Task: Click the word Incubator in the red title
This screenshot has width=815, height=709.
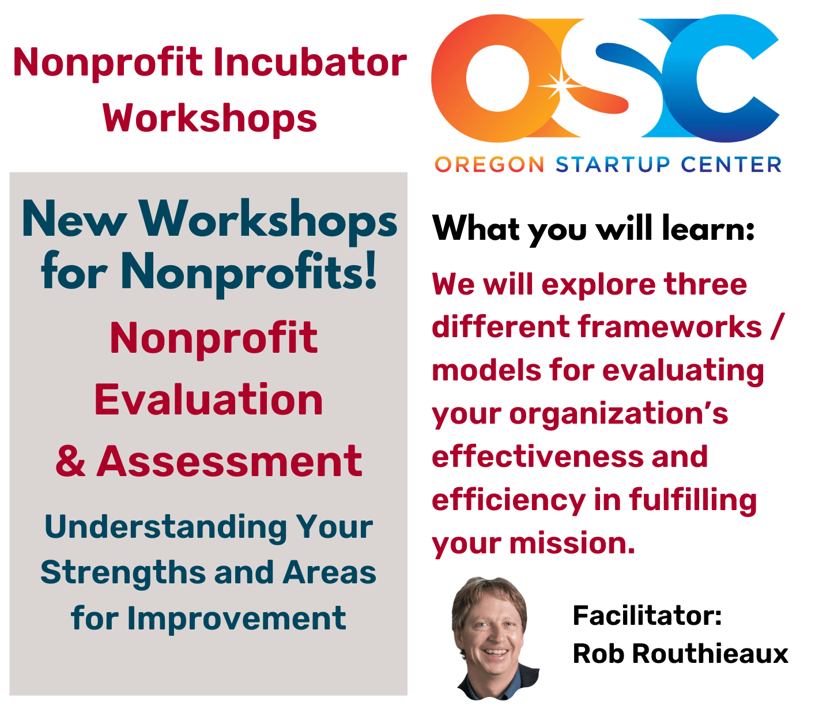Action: (x=310, y=62)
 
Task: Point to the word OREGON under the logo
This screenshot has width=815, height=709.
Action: (x=489, y=164)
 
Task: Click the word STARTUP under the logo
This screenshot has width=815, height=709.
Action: (x=613, y=164)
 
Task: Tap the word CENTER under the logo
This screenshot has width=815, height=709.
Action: (x=731, y=164)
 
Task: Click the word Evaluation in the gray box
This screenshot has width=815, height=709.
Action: (x=208, y=399)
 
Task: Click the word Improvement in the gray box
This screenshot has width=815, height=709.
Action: (x=237, y=618)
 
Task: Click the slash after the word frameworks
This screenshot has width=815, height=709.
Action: (x=777, y=327)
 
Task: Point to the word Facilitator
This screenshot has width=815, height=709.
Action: (x=647, y=616)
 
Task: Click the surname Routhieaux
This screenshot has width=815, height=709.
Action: (x=710, y=654)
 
